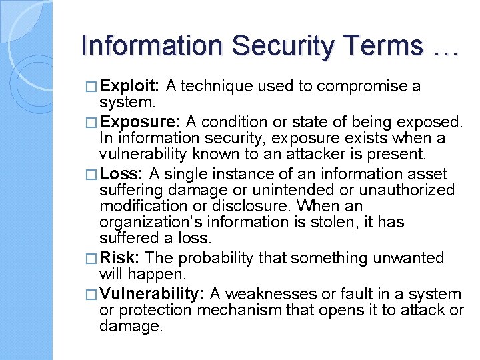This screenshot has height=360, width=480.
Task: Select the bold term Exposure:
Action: pos(140,122)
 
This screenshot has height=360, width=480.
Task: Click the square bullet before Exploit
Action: pos(93,87)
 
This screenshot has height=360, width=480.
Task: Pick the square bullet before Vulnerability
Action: pos(93,295)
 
